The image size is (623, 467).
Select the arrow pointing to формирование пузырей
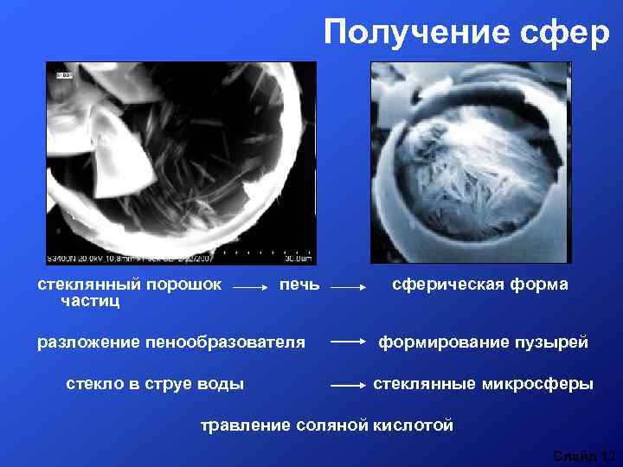coord(349,342)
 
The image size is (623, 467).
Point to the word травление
coord(245,425)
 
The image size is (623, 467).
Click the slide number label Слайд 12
coord(584,455)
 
